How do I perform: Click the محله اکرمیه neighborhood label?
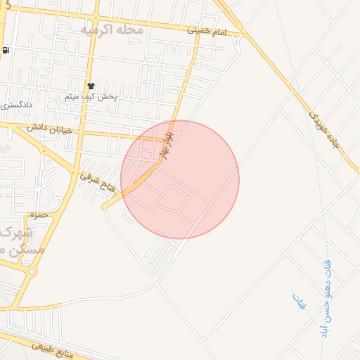tap(112, 30)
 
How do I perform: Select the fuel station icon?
tap(6, 50)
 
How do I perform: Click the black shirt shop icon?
tap(91, 85)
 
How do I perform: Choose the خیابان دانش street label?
tap(51, 128)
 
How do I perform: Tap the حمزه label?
tap(38, 214)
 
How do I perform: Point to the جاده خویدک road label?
tap(326, 126)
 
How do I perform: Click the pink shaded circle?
tap(180, 179)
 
